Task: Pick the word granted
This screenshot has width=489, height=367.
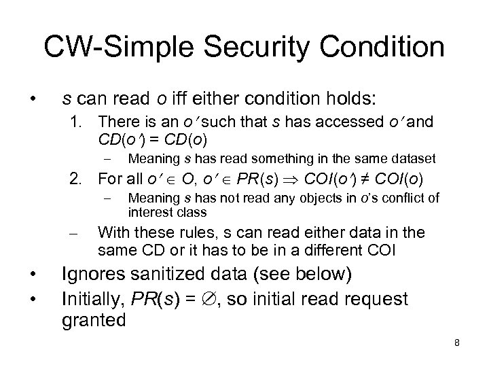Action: tap(94, 319)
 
